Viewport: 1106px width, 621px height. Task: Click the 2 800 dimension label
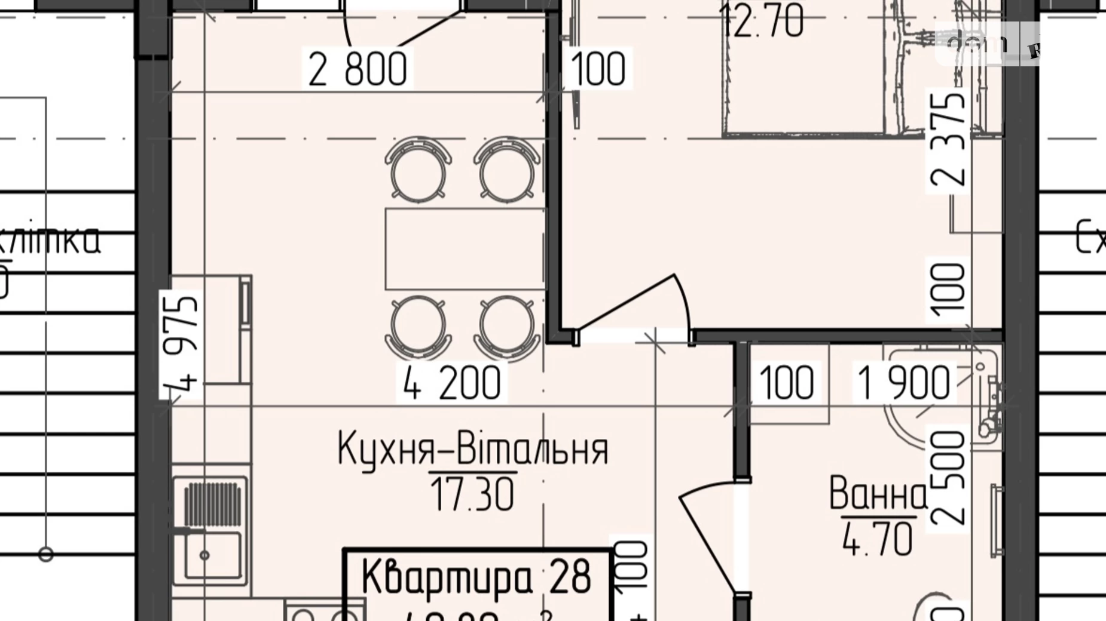[x=358, y=69]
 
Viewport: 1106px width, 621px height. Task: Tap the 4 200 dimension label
[x=452, y=383]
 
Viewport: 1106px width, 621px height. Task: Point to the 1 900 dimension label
[x=903, y=383]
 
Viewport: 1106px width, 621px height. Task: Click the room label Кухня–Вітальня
[x=472, y=450]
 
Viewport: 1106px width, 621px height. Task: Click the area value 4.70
[x=878, y=538]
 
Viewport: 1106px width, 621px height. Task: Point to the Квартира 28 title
[x=476, y=577]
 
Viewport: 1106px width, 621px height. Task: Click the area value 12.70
[x=762, y=23]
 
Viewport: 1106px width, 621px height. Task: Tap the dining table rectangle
[x=465, y=248]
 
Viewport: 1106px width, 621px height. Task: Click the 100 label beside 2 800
[x=598, y=69]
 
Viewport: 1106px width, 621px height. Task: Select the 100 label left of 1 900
[x=787, y=383]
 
